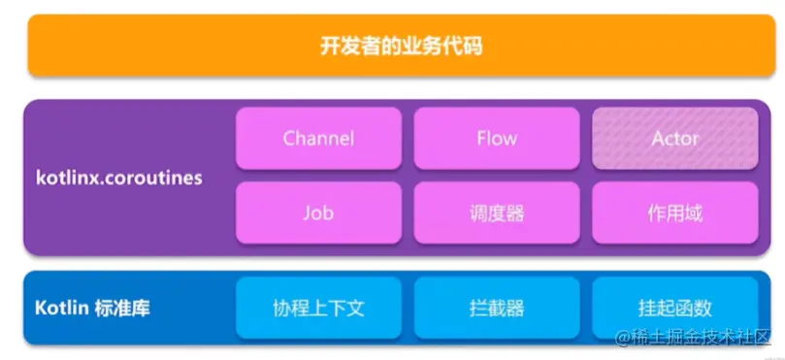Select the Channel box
318,139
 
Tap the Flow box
496,139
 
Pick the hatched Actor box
674,139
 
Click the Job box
318,213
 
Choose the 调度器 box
496,213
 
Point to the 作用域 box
674,213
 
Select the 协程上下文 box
318,309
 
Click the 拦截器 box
496,309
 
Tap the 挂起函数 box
674,309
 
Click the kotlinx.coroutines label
118,179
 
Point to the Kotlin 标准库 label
92,309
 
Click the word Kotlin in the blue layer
61,309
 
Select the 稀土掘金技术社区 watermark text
700,338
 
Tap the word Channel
318,139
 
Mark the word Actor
674,139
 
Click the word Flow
496,139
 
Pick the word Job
318,213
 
